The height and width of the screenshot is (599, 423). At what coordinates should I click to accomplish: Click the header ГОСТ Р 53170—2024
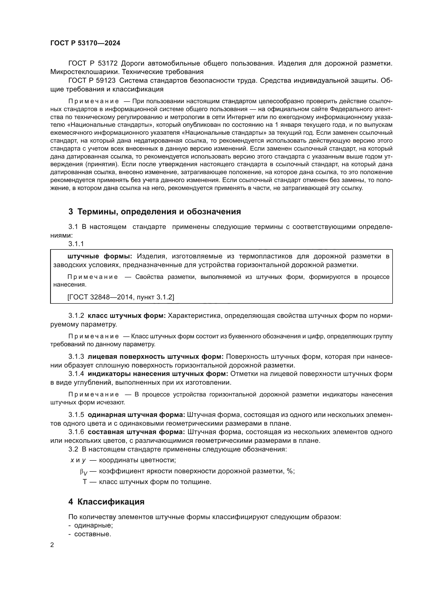point(85,43)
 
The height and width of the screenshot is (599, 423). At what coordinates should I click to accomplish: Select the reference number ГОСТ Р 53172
point(93,64)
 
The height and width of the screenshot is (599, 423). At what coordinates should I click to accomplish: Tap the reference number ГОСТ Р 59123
point(92,81)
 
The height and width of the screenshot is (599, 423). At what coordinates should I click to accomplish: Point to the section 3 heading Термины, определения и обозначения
point(154,212)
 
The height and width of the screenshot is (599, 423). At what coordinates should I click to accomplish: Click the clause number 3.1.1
point(76,244)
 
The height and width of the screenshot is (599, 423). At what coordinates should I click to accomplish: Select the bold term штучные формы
point(100,256)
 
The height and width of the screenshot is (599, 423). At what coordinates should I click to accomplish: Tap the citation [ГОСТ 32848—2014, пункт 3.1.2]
point(121,297)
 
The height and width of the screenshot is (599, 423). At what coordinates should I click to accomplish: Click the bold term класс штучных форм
point(127,316)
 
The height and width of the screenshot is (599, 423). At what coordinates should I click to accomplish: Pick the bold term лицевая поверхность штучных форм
point(155,357)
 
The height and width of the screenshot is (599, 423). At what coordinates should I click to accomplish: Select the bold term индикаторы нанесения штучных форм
point(158,374)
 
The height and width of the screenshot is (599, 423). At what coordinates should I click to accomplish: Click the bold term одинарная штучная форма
point(136,415)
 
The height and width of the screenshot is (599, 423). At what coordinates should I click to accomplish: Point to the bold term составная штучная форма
point(136,432)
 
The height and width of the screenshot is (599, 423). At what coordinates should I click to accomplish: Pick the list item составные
point(93,534)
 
